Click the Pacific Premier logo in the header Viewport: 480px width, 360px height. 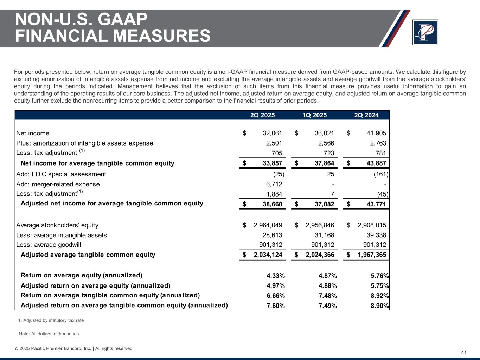point(425,32)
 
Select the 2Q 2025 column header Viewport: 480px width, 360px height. point(262,115)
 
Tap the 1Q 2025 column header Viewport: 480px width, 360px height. point(314,115)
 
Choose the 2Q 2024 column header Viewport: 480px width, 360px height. point(366,115)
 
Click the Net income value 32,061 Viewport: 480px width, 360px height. point(272,133)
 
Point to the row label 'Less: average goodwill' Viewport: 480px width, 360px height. point(49,245)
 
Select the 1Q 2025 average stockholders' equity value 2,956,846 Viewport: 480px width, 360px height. point(320,225)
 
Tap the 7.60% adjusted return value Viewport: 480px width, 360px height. point(276,306)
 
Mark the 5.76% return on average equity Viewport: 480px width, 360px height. point(380,276)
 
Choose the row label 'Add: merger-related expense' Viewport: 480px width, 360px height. point(58,184)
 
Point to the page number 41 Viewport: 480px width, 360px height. point(463,353)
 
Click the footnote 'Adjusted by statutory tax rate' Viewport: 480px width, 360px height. point(53,321)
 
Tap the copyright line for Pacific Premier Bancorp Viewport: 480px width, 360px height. point(73,349)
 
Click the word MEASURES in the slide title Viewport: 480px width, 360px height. point(151,36)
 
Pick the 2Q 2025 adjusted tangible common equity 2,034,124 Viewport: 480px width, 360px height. point(268,255)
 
